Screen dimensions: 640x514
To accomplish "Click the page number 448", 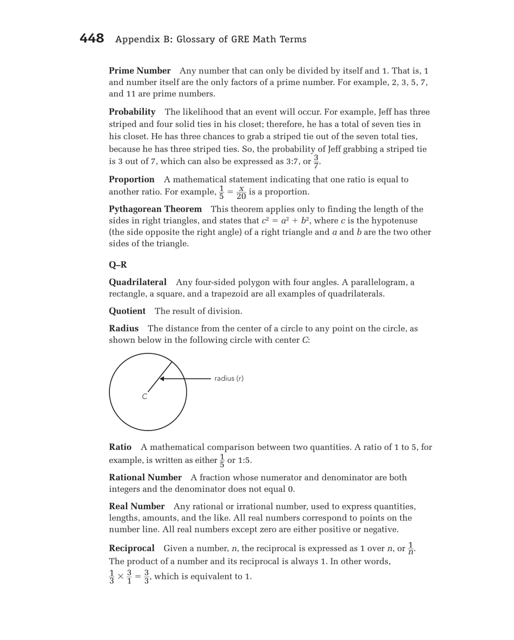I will (x=91, y=39).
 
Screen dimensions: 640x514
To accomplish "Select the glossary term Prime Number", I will (x=140, y=71).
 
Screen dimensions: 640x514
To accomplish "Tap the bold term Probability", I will (x=132, y=112).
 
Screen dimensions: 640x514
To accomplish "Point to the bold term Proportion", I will (x=132, y=179).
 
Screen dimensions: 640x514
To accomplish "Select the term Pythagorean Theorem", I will (x=155, y=209).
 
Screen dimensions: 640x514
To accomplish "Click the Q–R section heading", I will (x=117, y=265).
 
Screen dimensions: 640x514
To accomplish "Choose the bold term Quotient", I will (x=127, y=311).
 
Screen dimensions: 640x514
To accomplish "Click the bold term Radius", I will (x=124, y=329).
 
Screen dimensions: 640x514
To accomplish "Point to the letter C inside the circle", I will (x=144, y=396).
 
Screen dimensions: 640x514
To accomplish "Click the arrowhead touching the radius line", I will (x=161, y=378).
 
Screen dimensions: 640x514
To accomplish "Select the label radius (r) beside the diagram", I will (x=229, y=378).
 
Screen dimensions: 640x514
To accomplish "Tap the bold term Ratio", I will (x=120, y=447).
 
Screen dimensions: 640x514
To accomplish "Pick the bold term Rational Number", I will (x=145, y=477).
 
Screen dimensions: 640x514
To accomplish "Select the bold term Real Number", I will (x=136, y=506).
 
